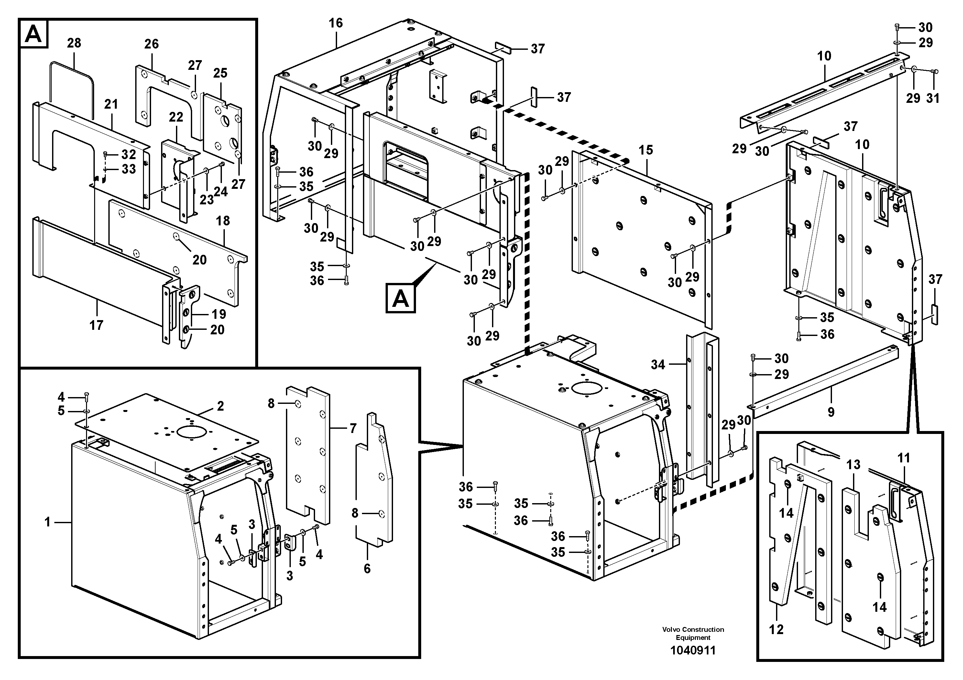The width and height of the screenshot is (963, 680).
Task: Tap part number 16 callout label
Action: click(335, 23)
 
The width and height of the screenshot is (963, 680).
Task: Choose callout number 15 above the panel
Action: click(646, 150)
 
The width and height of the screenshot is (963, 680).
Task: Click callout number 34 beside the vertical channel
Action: click(658, 365)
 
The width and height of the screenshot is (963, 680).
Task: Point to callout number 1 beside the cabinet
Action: click(48, 522)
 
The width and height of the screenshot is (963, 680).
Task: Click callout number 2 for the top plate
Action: click(220, 406)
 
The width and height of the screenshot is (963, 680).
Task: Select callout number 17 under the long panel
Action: click(96, 325)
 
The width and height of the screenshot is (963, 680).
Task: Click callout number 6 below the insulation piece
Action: click(367, 568)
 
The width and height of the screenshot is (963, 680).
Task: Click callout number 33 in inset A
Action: click(129, 169)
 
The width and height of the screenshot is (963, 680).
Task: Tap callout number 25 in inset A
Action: click(220, 73)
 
